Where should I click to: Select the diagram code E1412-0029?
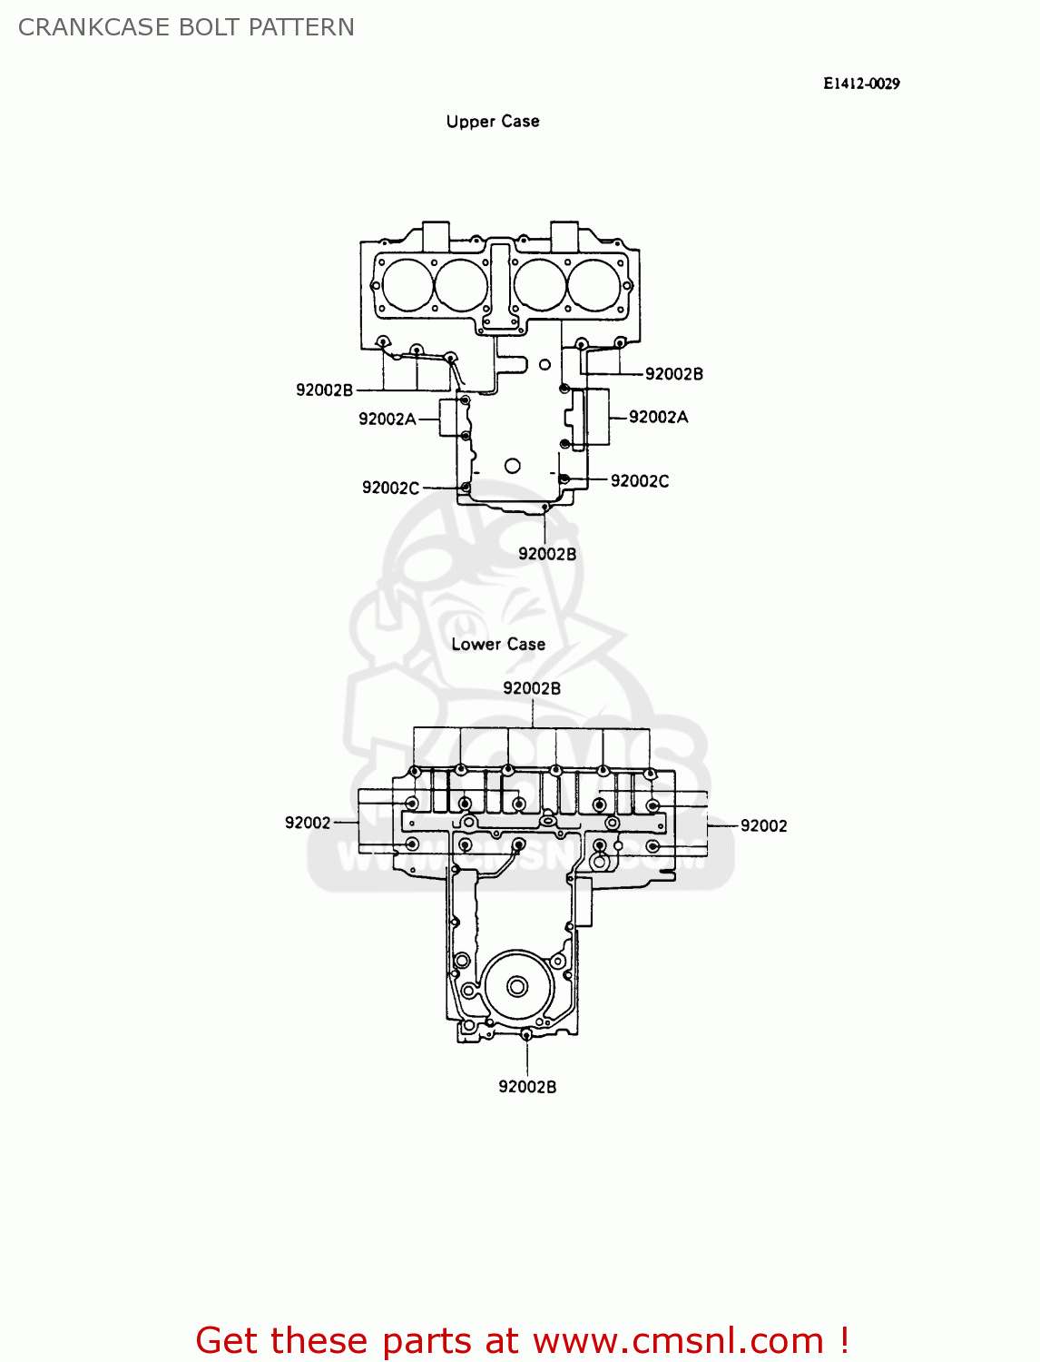coord(861,84)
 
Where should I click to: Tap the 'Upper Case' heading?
coord(493,122)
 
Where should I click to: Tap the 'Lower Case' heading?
coord(498,645)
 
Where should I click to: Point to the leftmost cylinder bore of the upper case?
coord(407,284)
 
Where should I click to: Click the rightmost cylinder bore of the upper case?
coord(594,284)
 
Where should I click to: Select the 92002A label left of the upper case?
coord(387,419)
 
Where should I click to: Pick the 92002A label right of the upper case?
coord(658,417)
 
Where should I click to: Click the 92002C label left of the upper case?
coord(390,488)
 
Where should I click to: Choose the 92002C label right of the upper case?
coord(640,481)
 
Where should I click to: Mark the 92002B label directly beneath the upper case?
coord(546,554)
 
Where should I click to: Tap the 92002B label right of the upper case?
coord(673,374)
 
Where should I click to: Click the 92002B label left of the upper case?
coord(324,390)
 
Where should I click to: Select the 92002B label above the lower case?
coord(532,688)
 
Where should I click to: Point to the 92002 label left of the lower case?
coord(308,823)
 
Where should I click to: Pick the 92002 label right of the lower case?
coord(763,825)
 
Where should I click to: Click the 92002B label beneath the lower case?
coord(527,1087)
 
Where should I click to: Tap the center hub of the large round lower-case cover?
coord(517,986)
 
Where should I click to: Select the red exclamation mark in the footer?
coord(843,1340)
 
